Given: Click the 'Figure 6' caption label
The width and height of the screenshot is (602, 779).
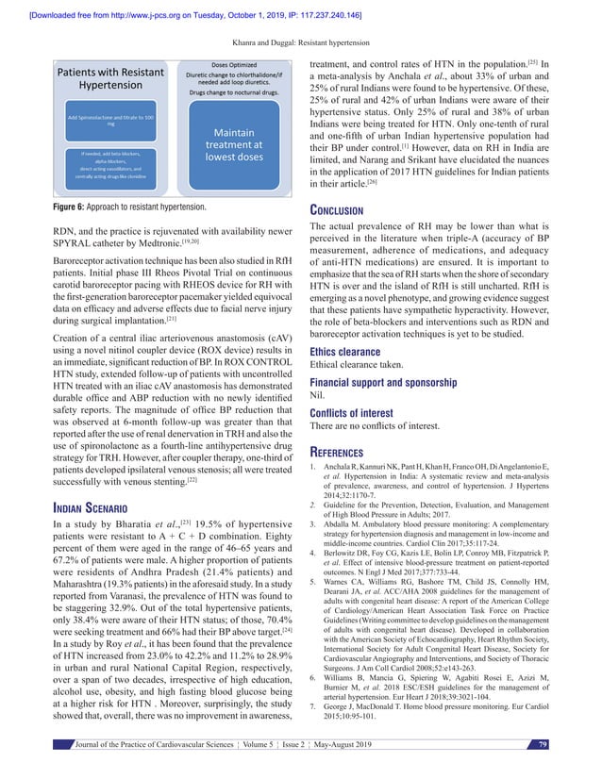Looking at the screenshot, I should click(x=53, y=205).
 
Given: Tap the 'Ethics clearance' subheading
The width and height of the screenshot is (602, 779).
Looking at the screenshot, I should click(x=354, y=352).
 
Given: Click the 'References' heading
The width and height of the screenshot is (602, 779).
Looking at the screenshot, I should click(x=348, y=451).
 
